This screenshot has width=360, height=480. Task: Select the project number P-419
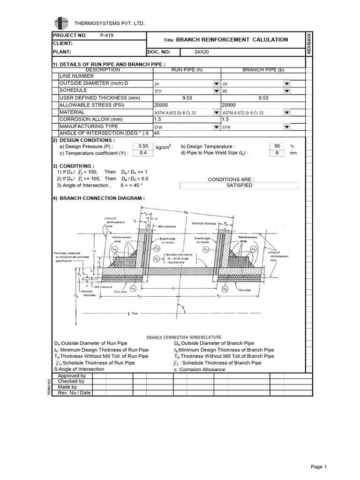click(107, 36)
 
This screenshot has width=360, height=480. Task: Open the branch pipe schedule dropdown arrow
click(286, 91)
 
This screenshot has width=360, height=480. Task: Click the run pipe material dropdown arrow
click(216, 113)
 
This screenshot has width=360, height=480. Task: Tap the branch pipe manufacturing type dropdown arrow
click(286, 127)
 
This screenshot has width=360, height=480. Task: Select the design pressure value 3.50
click(143, 146)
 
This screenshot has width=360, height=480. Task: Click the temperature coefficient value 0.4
click(143, 153)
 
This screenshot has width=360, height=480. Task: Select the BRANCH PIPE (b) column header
click(262, 69)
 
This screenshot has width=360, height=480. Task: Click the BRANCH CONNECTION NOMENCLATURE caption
click(180, 337)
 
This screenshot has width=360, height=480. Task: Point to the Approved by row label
click(71, 376)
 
